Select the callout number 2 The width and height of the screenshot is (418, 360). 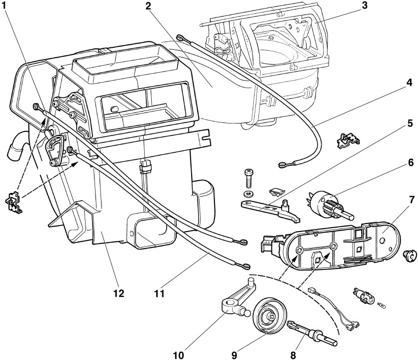[x=148, y=7]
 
